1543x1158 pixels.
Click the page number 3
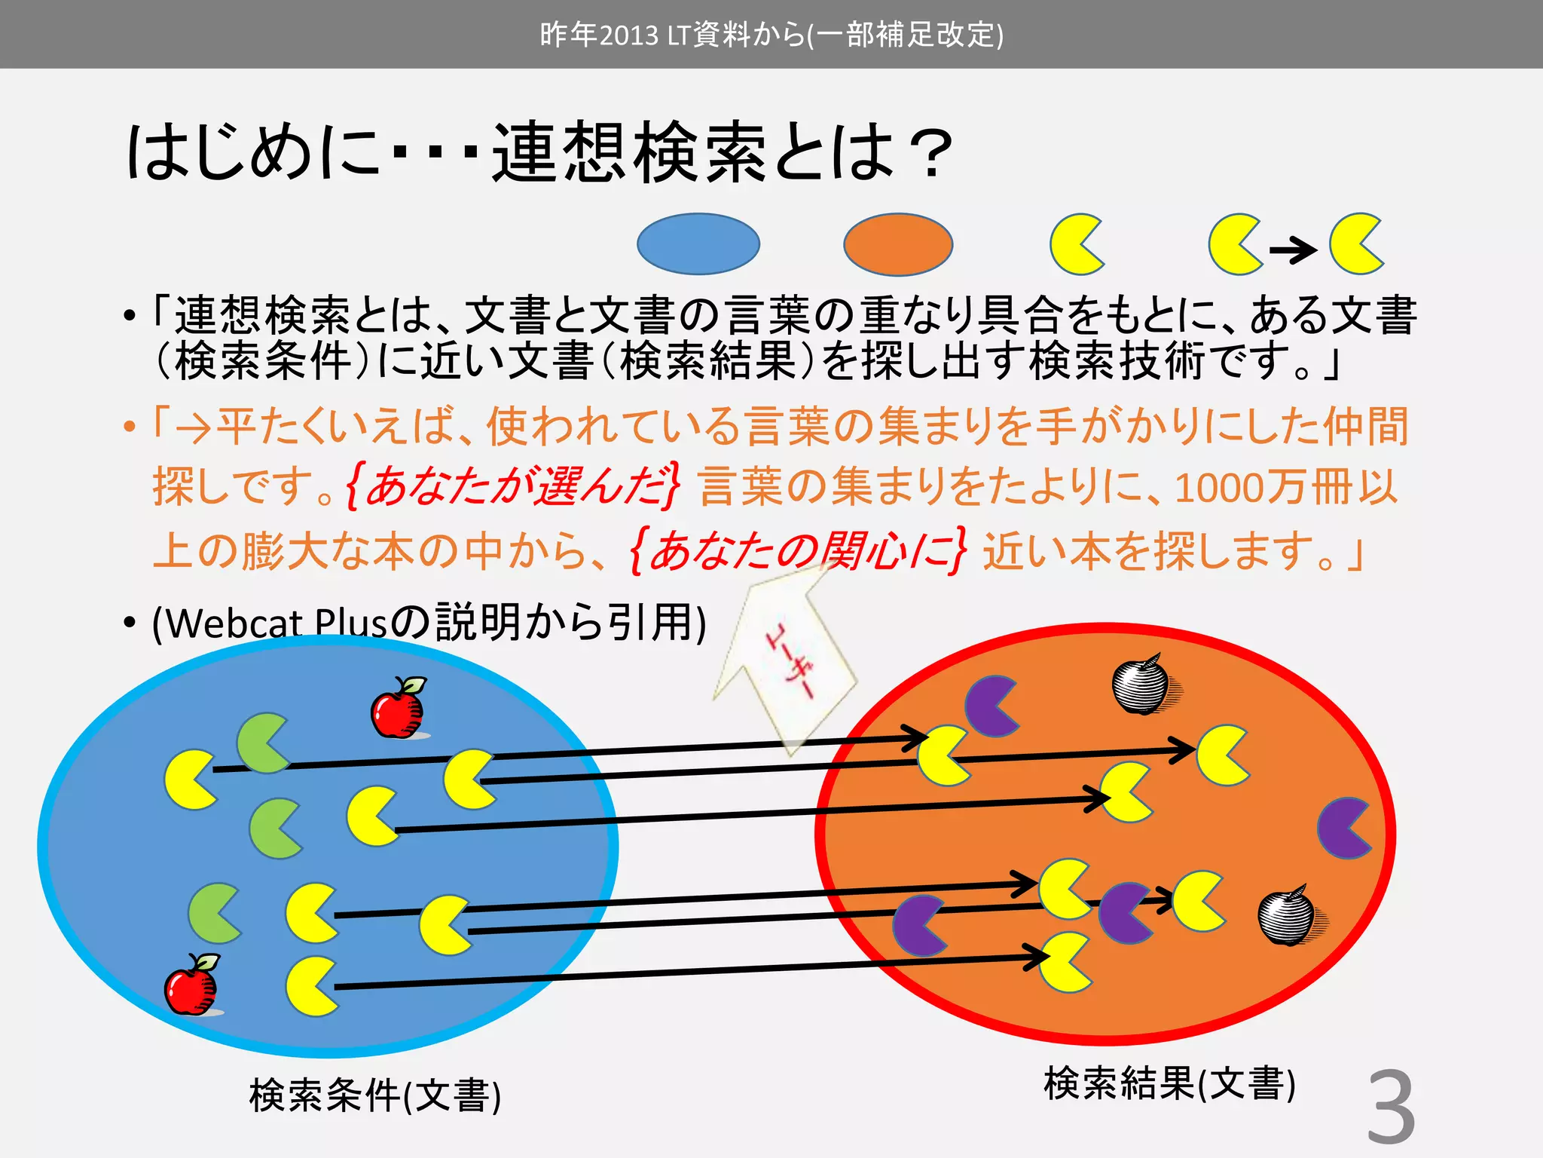click(1391, 1107)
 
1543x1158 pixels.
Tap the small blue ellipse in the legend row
click(698, 244)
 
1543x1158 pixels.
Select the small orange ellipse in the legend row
click(898, 244)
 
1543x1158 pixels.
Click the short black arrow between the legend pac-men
click(1293, 249)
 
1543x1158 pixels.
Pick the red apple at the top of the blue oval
click(399, 708)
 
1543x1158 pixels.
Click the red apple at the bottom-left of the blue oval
click(192, 985)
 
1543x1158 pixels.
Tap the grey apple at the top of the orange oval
click(1142, 684)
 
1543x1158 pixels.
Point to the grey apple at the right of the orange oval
click(1288, 915)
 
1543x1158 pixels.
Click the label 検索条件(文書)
click(374, 1095)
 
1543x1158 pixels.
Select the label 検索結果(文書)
click(1169, 1083)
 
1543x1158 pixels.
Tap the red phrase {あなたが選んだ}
click(513, 486)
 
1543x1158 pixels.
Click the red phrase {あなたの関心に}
click(797, 551)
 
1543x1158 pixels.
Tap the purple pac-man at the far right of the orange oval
click(1344, 828)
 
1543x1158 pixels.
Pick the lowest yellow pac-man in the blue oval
click(311, 986)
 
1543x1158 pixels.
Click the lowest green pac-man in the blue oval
click(215, 914)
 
